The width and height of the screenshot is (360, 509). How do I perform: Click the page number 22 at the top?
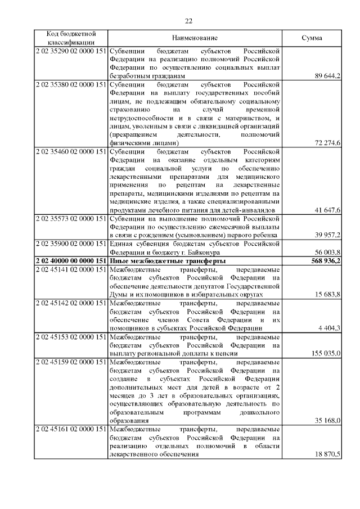(x=188, y=21)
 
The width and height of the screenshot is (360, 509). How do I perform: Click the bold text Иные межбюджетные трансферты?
(x=167, y=262)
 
